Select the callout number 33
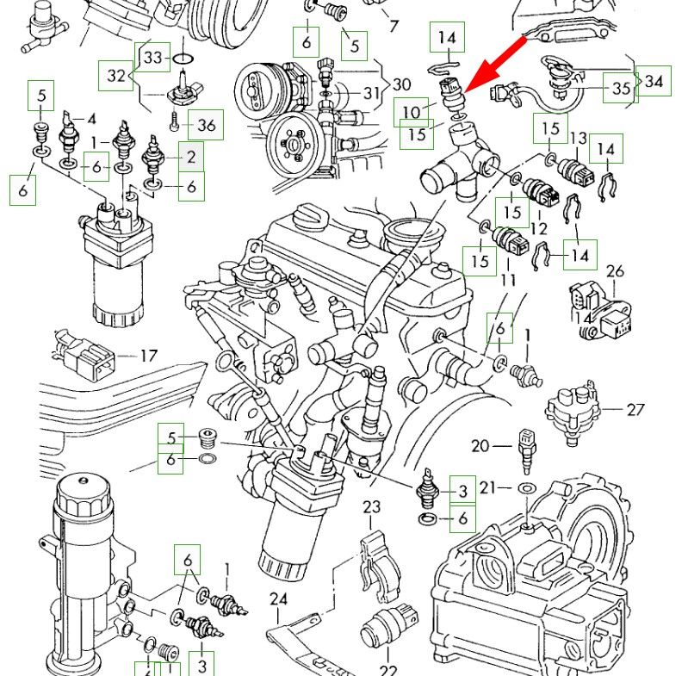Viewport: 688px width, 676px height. [153, 58]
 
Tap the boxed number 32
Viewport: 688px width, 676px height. [116, 75]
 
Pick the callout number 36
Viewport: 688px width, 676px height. [206, 125]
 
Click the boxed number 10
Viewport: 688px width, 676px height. [412, 112]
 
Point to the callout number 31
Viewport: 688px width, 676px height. [370, 93]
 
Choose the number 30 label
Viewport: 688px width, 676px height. [402, 84]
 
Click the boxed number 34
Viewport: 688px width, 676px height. [654, 82]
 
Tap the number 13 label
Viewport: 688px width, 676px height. [578, 138]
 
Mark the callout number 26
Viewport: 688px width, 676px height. [614, 272]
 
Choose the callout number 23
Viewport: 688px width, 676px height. [371, 506]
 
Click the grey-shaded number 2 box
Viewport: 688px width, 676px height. [191, 157]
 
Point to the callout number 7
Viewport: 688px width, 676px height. [394, 26]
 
